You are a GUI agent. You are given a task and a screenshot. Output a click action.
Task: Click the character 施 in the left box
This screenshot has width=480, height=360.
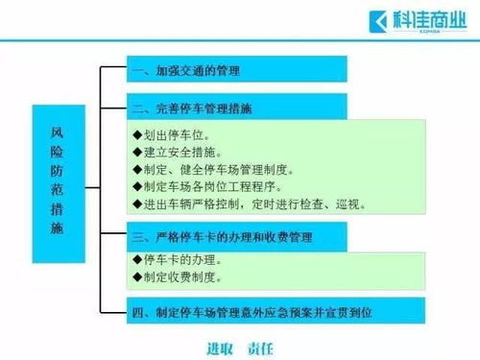click(x=57, y=229)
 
